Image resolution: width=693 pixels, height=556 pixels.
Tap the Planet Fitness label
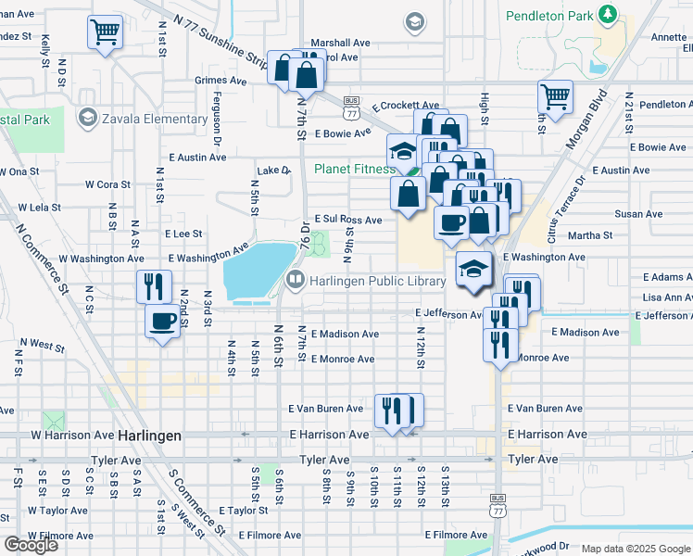point(354,169)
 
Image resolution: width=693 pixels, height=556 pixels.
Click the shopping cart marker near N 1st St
point(105,33)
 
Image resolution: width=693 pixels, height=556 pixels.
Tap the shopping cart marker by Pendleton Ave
point(555,96)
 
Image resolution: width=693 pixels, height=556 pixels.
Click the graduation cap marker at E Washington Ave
point(473,270)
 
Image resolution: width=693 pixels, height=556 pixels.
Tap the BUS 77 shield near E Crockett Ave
point(351,108)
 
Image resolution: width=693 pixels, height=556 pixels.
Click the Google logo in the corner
point(31,545)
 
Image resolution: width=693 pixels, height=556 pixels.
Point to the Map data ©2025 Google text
point(636,549)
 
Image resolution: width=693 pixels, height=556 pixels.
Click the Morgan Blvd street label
point(587,120)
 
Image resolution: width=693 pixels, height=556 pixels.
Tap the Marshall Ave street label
point(340,43)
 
